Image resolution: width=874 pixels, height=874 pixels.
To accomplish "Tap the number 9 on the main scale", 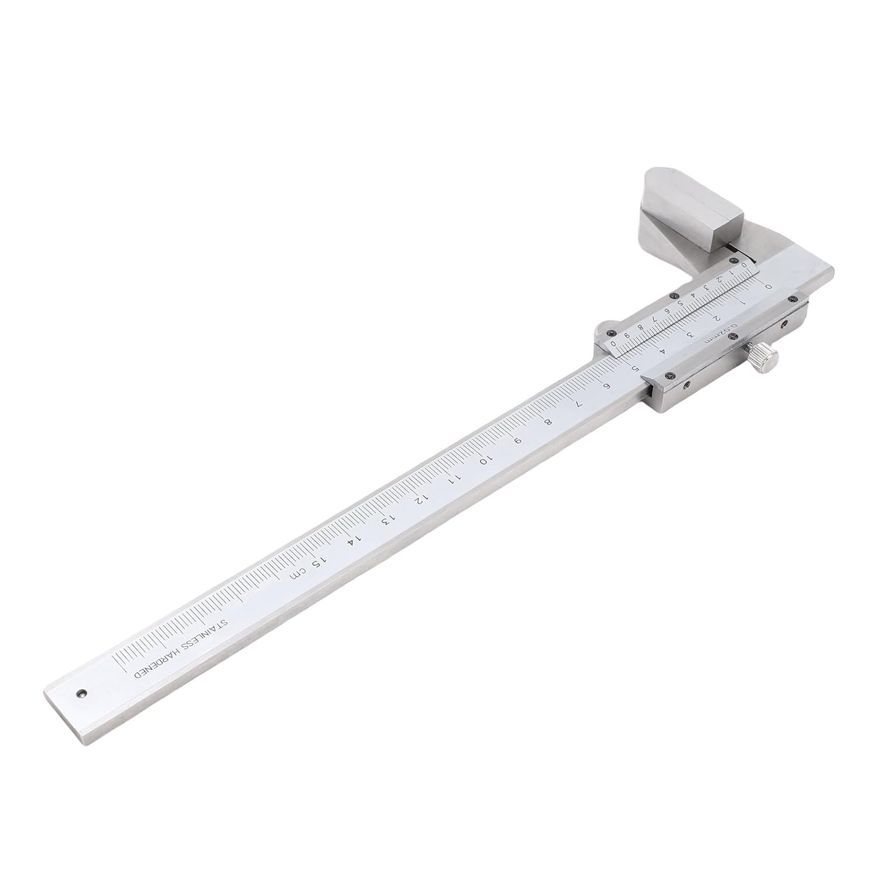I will click(516, 441).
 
